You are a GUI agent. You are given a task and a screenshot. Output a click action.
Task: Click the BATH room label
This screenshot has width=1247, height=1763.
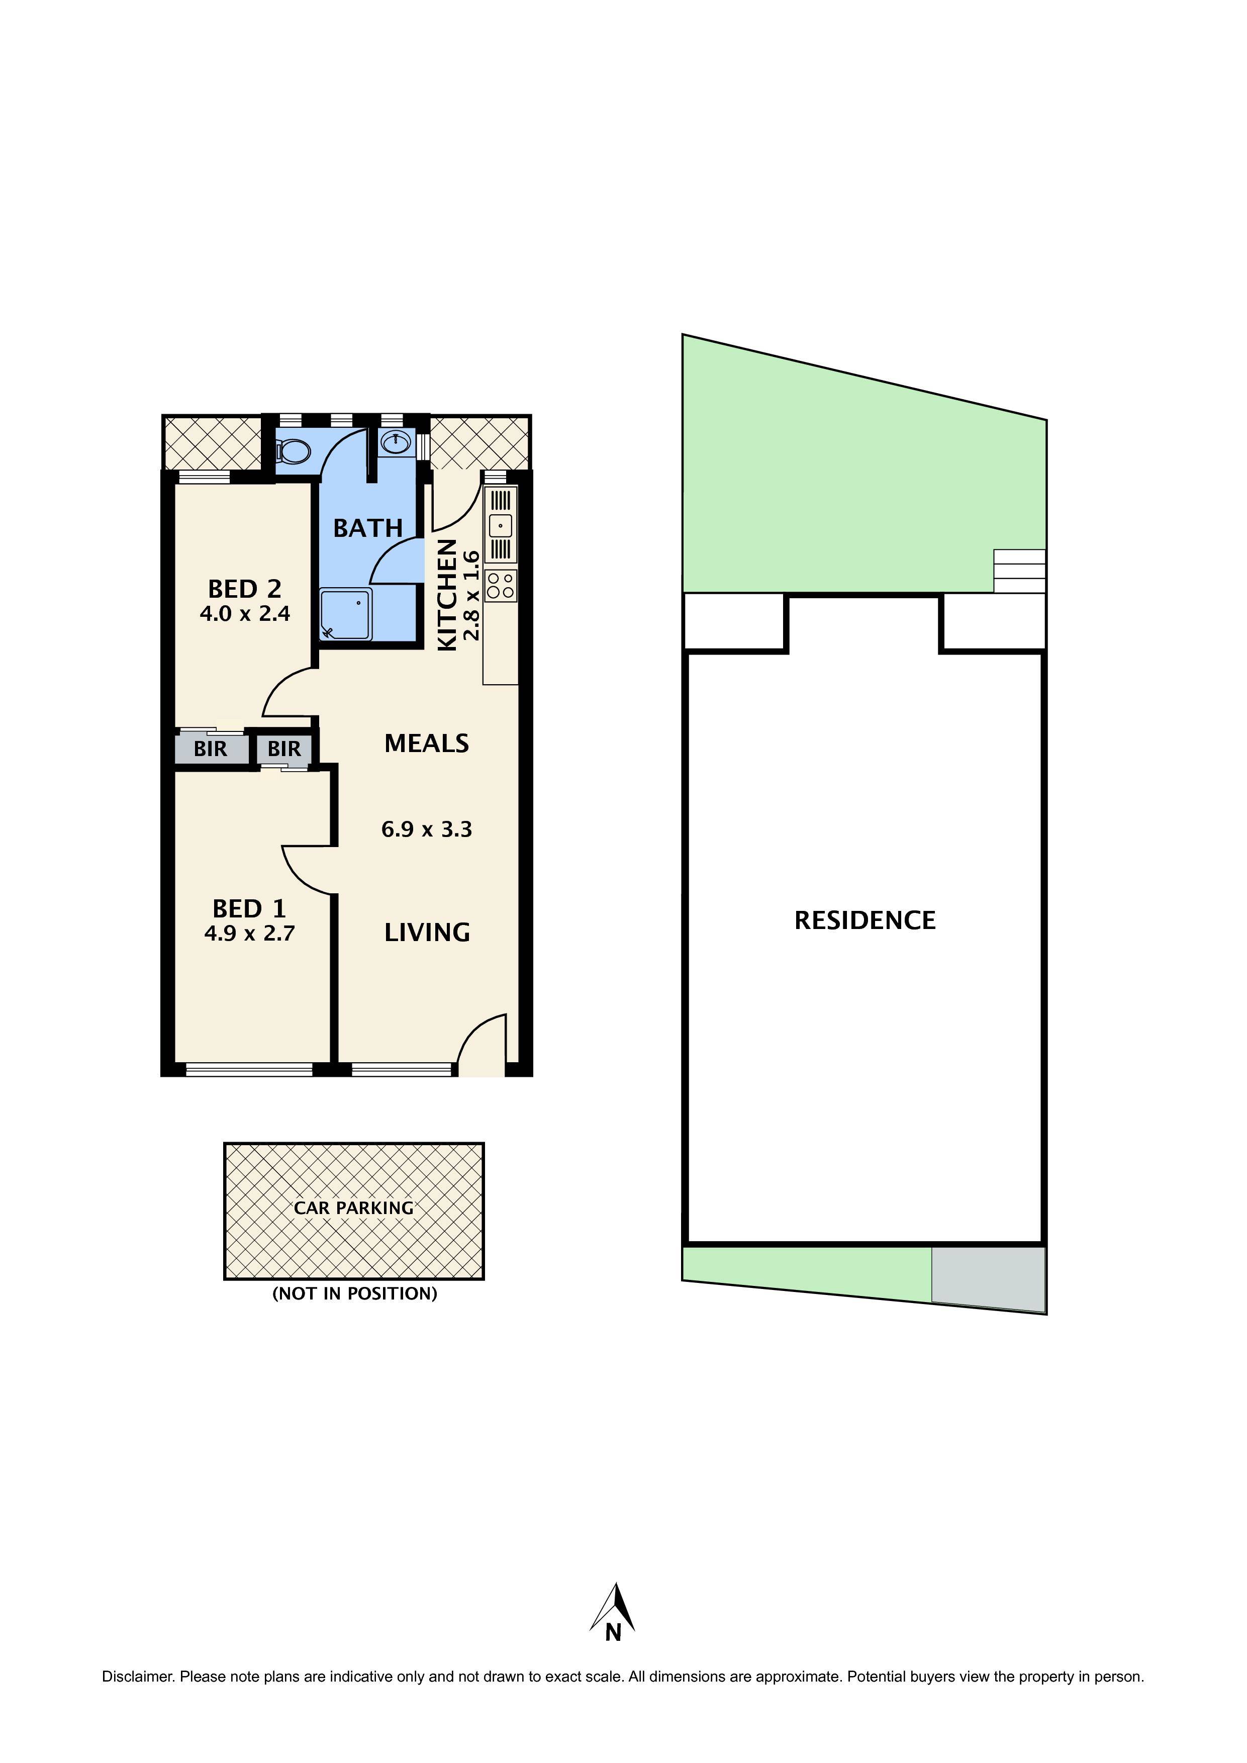point(368,528)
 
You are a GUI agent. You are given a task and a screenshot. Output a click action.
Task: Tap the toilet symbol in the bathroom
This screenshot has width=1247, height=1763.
point(293,451)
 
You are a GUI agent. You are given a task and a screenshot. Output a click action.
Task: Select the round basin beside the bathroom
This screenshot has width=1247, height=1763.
point(396,441)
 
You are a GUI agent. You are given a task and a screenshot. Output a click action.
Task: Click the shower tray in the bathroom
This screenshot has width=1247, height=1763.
point(345,614)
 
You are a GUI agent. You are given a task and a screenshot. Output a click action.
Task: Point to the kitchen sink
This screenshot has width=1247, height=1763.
point(500,526)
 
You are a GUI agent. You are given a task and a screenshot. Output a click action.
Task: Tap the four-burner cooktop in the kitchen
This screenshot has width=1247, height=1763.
point(500,585)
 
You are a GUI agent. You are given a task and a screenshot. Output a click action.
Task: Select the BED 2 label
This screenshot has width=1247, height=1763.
point(244,589)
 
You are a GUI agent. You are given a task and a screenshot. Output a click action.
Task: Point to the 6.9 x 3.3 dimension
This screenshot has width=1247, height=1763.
point(426,829)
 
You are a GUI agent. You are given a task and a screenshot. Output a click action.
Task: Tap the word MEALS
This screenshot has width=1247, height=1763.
point(426,744)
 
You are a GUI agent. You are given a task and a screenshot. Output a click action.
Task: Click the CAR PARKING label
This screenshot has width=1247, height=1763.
point(353,1208)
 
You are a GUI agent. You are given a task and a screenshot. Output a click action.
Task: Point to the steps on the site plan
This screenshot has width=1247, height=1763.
point(1020,571)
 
